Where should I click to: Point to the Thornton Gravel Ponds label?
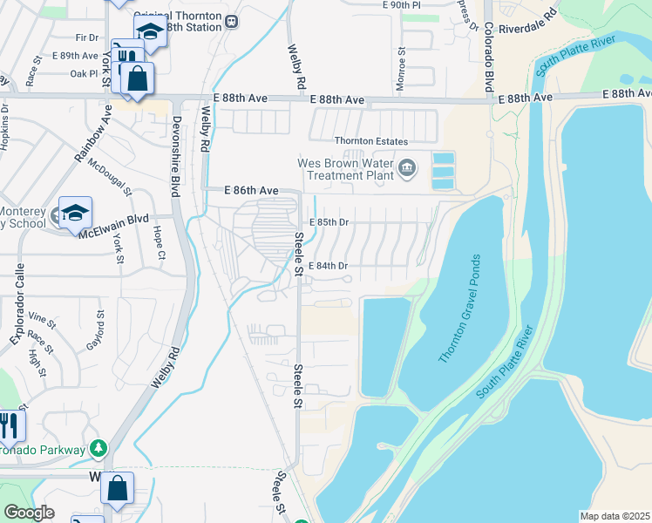[458, 309]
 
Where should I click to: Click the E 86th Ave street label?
[250, 189]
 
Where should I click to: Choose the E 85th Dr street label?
[328, 222]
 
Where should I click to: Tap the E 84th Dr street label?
[328, 266]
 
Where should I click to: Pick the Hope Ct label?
[160, 243]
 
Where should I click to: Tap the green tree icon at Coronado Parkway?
[99, 449]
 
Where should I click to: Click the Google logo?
[29, 513]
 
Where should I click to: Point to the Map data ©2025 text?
[614, 516]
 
